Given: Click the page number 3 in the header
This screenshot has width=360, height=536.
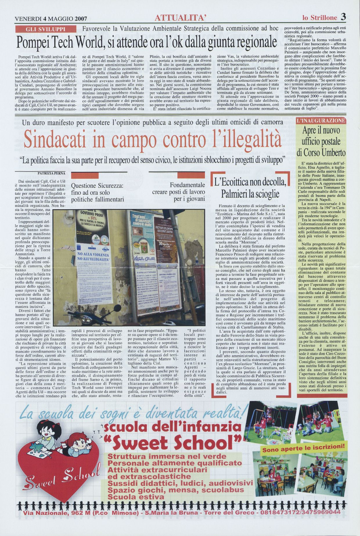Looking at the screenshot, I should click(x=343, y=17).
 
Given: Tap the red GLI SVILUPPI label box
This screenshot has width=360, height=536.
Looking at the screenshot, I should click(x=46, y=29).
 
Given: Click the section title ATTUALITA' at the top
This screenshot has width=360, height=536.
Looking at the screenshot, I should click(x=181, y=18).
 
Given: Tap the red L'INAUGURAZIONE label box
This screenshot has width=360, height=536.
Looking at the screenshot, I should click(x=321, y=120).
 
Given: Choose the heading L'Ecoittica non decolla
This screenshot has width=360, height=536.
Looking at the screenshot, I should click(x=250, y=183).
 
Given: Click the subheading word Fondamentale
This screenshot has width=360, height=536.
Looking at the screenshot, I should click(x=187, y=185).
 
